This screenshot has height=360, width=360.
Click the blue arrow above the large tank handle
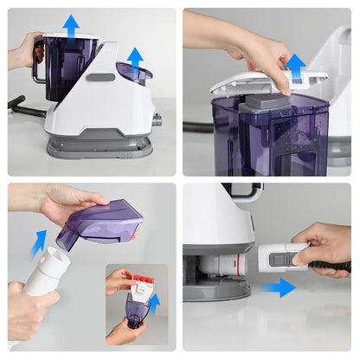point(71,26)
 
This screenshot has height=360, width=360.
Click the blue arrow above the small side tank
point(135,59)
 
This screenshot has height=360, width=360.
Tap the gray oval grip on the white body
point(100,77)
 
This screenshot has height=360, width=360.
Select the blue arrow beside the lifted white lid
point(296,66)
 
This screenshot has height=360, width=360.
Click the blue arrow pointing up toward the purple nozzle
point(37,243)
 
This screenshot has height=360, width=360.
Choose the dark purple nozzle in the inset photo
point(136,309)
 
